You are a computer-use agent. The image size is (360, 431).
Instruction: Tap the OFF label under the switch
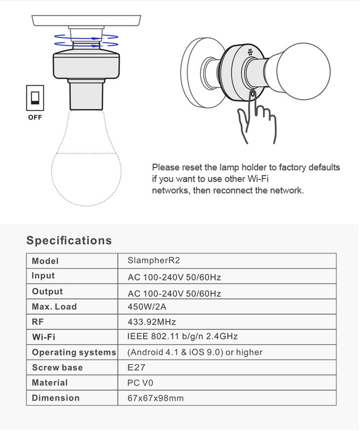click(x=35, y=117)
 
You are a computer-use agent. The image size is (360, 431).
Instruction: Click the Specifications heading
click(x=69, y=240)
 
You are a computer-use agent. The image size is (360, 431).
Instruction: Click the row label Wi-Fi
click(x=44, y=337)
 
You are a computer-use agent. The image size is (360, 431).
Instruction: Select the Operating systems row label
click(x=74, y=352)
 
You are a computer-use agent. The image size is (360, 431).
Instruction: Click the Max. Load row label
click(x=54, y=307)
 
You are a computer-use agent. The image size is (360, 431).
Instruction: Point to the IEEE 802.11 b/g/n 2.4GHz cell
click(x=183, y=337)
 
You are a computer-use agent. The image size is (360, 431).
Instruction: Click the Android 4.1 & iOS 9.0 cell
click(x=195, y=352)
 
